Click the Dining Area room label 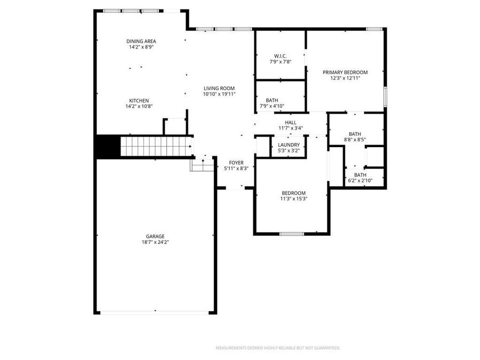141,41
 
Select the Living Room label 219,88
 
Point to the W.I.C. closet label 280,55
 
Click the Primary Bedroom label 345,72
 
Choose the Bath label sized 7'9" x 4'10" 272,100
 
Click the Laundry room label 289,145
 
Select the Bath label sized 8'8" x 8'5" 355,134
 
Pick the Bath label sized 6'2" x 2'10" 361,175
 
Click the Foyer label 236,162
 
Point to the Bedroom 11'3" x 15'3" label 293,193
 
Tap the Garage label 155,236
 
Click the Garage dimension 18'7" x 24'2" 155,242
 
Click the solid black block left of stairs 107,146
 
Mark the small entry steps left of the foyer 201,165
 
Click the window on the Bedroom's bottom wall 292,234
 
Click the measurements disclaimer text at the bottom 277,348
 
